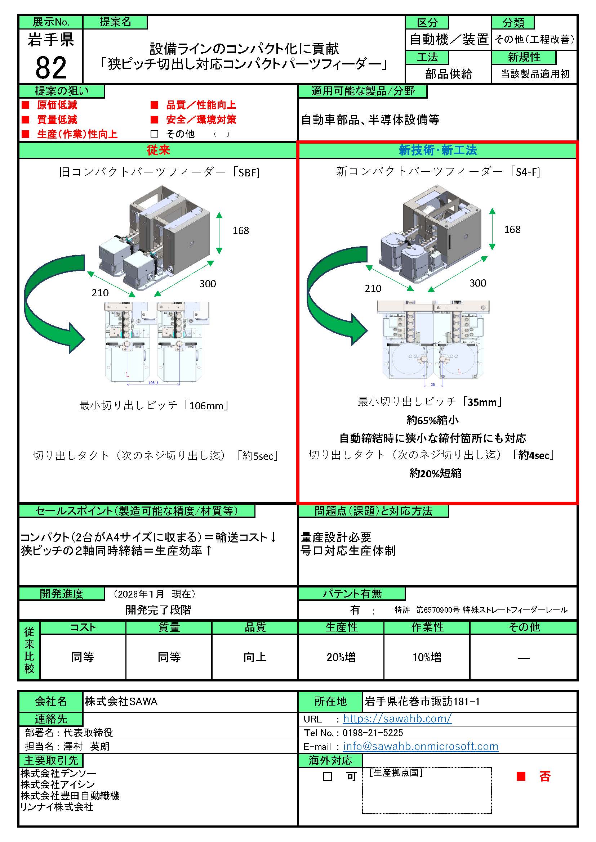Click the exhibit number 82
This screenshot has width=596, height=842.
pos(51,68)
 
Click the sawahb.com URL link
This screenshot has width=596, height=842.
pos(397,719)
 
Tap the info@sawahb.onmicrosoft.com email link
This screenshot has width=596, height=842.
pos(421,746)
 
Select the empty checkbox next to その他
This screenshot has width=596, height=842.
pos(154,134)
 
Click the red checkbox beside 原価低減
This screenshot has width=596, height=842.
pos(25,105)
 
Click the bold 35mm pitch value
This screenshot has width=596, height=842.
pos(482,402)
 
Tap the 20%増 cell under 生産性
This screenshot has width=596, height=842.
pos(341,657)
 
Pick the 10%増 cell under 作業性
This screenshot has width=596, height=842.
pos(427,657)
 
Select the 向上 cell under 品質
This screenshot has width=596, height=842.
pos(255,657)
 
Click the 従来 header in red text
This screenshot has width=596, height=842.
pos(158,150)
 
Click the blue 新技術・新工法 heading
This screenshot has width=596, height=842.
pos(437,150)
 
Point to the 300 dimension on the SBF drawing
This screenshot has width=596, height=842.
pos(207,283)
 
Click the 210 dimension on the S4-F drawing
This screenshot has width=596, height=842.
pos(373,288)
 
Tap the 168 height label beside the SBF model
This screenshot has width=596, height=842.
pos(241,230)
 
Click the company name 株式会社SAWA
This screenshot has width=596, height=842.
pos(121,702)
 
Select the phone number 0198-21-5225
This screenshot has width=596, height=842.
pos(373,733)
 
